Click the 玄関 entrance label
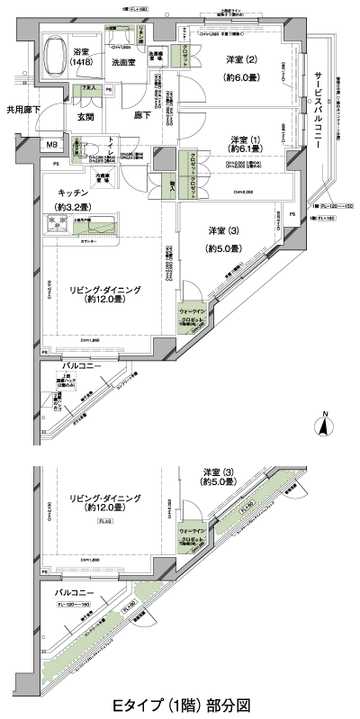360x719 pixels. pos(86,116)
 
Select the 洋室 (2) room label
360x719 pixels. pos(240,61)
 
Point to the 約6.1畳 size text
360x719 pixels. pos(240,148)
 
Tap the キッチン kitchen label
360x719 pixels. pos(72,192)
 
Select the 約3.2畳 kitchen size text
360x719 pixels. pos(72,204)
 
